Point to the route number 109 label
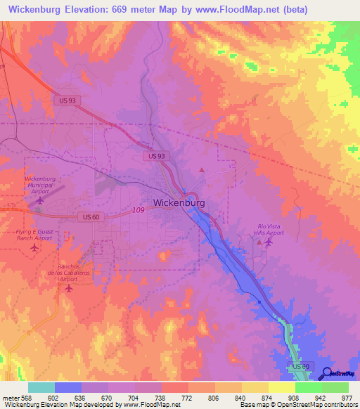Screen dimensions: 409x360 point(138,210)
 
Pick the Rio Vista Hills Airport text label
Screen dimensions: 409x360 point(270,230)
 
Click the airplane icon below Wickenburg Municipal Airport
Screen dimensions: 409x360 point(39,200)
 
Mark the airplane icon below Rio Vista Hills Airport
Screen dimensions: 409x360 point(269,242)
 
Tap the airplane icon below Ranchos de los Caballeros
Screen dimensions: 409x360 point(68,288)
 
